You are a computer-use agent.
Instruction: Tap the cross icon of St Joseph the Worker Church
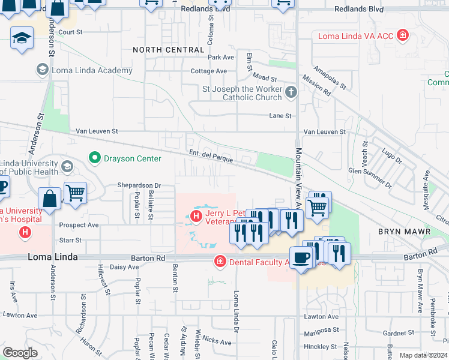(x=291, y=92)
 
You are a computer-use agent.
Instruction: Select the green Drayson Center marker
(x=94, y=158)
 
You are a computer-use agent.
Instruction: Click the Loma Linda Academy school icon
(x=42, y=70)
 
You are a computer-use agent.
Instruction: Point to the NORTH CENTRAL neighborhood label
(x=168, y=50)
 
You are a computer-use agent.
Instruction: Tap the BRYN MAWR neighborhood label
(x=404, y=231)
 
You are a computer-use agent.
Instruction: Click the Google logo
(x=20, y=353)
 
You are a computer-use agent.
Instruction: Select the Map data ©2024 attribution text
(x=423, y=355)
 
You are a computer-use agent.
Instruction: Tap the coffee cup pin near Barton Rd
(x=301, y=258)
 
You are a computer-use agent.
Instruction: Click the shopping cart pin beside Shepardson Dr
(x=75, y=194)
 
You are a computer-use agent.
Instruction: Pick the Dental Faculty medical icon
(x=220, y=261)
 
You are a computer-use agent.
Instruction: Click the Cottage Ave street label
(x=209, y=71)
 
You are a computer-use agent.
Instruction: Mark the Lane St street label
(x=280, y=116)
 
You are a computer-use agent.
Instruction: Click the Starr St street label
(x=70, y=240)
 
